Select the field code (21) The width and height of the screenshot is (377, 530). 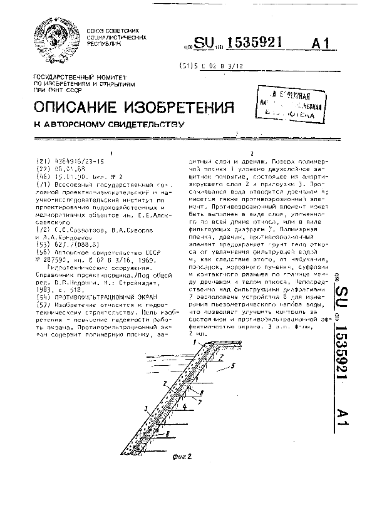[x=43, y=160]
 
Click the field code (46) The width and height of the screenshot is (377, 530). [x=43, y=177]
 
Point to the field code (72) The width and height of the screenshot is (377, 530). [x=43, y=230]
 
